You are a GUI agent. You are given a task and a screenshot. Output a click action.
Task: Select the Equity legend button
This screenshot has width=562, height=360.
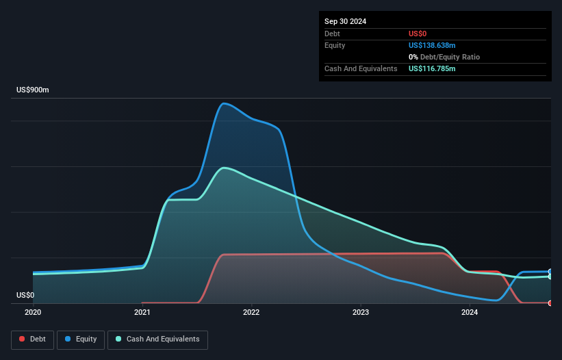pos(81,339)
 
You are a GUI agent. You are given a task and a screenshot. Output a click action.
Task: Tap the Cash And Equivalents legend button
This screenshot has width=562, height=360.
pos(157,339)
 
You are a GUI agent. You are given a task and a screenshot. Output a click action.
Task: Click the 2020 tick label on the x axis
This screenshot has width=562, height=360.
pos(33,313)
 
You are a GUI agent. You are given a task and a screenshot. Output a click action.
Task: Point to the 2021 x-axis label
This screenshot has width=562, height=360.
pos(142,313)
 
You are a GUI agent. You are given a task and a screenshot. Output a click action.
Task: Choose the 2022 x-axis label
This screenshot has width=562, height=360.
pos(251,313)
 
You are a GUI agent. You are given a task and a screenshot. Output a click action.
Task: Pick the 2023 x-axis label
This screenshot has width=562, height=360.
pos(361,313)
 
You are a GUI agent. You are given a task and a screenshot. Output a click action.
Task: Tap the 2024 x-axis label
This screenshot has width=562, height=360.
pos(470,313)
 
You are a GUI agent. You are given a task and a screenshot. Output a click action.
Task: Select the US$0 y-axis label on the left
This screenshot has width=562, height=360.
pos(25,296)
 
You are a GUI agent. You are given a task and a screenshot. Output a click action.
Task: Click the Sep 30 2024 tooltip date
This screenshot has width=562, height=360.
pos(346,21)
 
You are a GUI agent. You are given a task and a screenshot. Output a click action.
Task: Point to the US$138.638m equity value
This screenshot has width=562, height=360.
pos(432,45)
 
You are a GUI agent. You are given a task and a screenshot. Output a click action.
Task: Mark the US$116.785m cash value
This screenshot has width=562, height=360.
pos(432,69)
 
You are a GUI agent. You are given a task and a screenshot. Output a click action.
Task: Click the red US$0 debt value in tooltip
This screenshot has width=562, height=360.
pos(418,34)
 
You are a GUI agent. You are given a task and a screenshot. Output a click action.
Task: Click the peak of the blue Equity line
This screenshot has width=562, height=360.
pos(223,103)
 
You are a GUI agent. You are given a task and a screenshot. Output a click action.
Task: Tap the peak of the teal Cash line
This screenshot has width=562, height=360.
pos(223,168)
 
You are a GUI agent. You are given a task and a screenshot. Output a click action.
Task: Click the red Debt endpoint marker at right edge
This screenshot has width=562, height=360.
pos(550,303)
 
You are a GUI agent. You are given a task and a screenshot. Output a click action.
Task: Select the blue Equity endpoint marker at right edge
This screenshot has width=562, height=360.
pos(550,272)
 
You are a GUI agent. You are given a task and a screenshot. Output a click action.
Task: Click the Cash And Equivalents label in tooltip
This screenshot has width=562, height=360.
pos(361,69)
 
